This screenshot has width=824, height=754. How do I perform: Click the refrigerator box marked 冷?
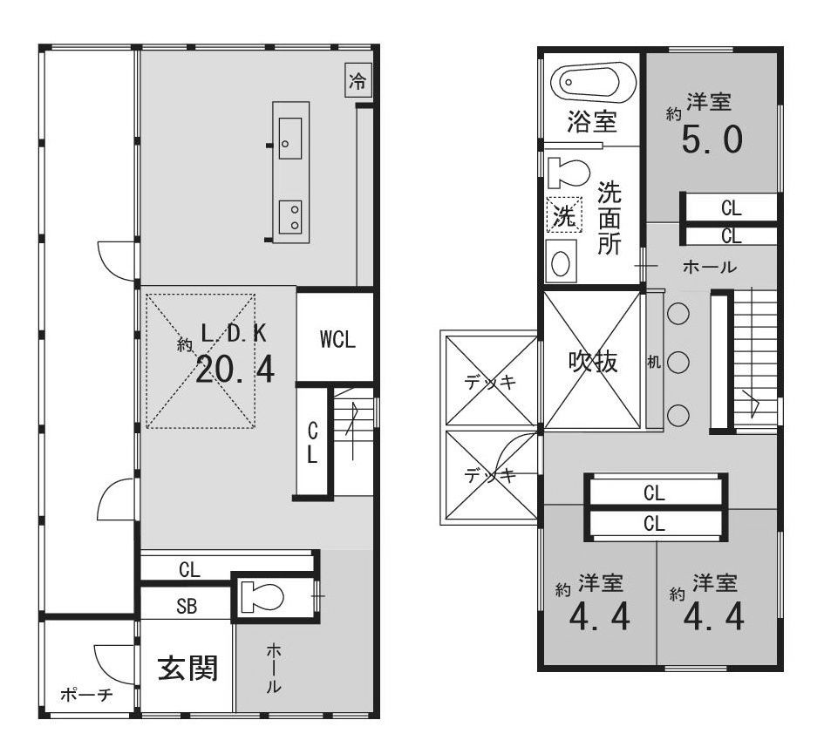[358, 80]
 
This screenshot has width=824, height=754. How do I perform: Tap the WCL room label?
[337, 339]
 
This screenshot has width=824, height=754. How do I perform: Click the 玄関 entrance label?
[188, 669]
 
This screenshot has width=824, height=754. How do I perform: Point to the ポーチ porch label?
[86, 695]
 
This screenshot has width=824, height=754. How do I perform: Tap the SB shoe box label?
[187, 606]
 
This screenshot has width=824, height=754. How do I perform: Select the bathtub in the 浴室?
[593, 83]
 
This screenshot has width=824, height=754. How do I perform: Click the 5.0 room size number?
[712, 139]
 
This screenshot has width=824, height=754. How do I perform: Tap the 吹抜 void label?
[593, 362]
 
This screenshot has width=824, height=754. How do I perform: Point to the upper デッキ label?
[491, 382]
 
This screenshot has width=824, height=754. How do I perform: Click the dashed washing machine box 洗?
[564, 214]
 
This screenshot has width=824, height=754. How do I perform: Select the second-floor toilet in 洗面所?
[568, 173]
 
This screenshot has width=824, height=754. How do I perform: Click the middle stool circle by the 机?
[678, 362]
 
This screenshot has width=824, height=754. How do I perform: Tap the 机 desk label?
[654, 362]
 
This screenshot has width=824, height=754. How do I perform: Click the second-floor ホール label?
[710, 268]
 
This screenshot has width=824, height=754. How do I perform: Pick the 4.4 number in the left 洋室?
[600, 617]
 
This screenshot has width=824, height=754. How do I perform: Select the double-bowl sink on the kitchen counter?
[290, 216]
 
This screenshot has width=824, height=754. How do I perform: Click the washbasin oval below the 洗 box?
[561, 262]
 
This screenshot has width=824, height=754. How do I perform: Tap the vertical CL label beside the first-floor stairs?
[313, 443]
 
